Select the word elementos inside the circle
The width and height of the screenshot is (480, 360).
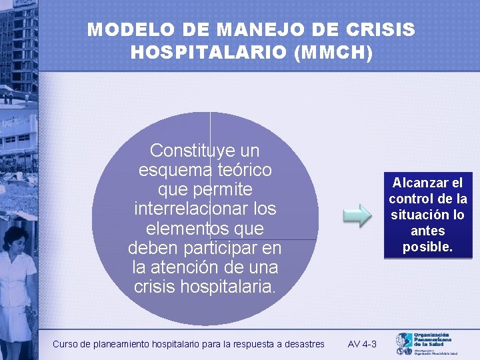pyautogui.click(x=205, y=229)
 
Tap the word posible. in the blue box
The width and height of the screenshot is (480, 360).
pyautogui.click(x=427, y=247)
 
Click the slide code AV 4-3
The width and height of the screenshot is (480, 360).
pyautogui.click(x=362, y=344)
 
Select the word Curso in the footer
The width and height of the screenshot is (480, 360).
pyautogui.click(x=65, y=344)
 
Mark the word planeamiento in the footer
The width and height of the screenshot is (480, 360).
pyautogui.click(x=119, y=344)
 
